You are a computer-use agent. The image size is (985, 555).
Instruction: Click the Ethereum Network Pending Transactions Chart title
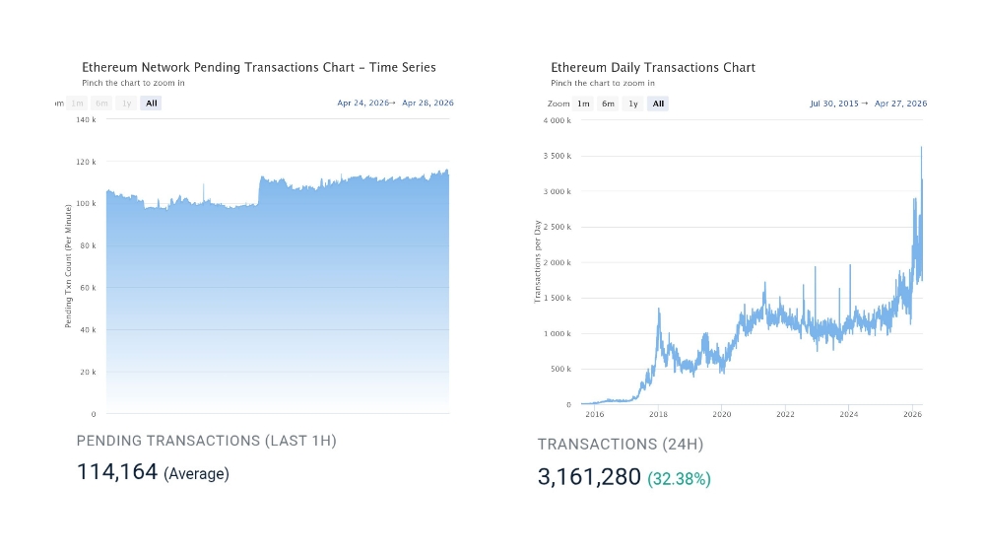[258, 68]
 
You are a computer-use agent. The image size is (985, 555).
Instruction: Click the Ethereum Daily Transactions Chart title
[653, 68]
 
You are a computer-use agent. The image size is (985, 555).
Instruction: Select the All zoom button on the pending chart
[150, 104]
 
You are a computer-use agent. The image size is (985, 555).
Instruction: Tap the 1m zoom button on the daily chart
[583, 104]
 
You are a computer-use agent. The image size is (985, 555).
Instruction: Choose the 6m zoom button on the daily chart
[608, 104]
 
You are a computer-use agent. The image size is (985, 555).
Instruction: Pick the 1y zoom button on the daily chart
[632, 104]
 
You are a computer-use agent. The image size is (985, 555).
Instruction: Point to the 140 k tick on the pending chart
[86, 120]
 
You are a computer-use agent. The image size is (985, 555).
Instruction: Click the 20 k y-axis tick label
[87, 373]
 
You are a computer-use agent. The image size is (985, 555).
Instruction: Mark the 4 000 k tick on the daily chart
[557, 121]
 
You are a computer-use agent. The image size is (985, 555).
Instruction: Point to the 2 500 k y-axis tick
[557, 228]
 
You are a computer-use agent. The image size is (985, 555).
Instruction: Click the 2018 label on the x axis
[658, 415]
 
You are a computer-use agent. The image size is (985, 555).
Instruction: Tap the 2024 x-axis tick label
[849, 415]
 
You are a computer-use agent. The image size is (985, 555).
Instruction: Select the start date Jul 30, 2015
[833, 104]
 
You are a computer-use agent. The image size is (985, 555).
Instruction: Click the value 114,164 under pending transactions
[117, 472]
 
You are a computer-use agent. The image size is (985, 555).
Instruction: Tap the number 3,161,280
[589, 478]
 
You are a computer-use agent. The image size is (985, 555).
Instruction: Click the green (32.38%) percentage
[679, 479]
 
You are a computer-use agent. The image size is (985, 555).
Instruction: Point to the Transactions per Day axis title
[538, 262]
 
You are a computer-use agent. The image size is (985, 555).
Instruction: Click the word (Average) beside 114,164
[196, 474]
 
